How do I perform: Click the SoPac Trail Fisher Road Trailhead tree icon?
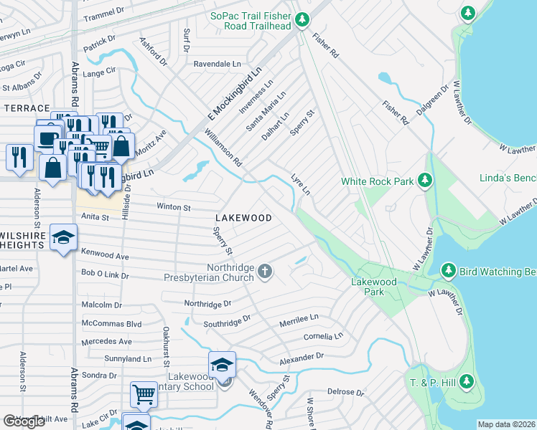click(303, 19)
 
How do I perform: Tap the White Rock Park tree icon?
click(426, 181)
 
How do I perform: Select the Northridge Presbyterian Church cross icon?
click(265, 271)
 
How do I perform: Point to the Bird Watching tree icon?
click(448, 270)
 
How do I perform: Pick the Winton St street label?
click(173, 207)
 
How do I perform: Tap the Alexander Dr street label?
click(302, 356)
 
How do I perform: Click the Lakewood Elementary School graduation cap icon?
click(223, 366)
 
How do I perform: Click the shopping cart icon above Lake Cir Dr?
click(144, 394)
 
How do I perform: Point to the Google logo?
click(24, 421)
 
